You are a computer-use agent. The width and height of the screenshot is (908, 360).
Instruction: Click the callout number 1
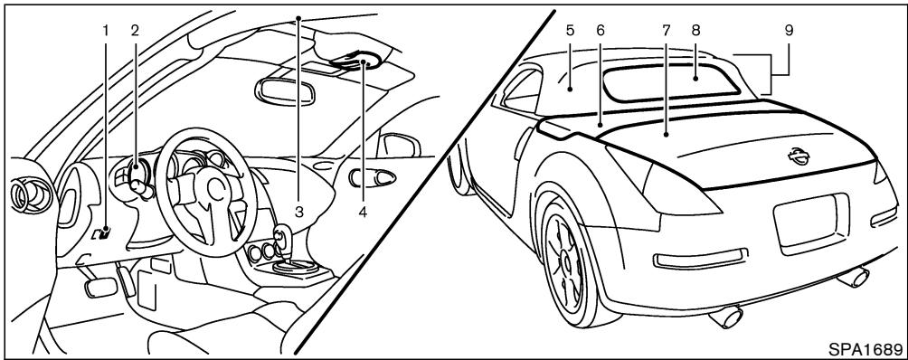point(106,29)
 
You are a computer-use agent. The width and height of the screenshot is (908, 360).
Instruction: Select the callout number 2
point(134,29)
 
